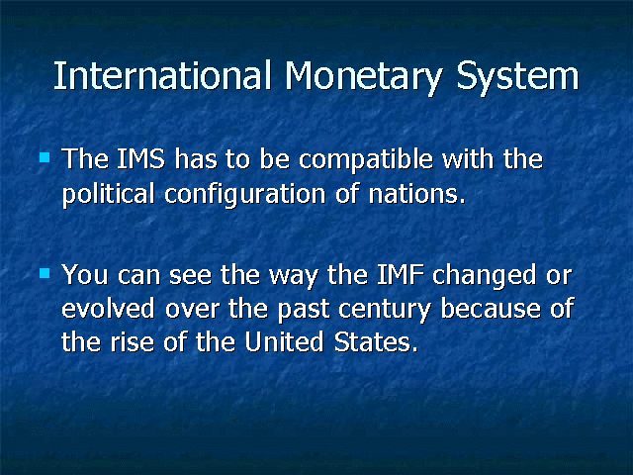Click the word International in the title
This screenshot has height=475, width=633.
[162, 75]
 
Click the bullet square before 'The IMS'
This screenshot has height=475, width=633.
[45, 157]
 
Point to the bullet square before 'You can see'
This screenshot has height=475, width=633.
[45, 273]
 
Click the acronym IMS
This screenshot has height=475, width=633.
[140, 158]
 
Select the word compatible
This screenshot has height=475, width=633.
[366, 160]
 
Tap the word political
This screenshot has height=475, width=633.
[108, 193]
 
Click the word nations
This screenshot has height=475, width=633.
[417, 194]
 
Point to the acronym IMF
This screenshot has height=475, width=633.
[401, 275]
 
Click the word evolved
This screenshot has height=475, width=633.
[108, 308]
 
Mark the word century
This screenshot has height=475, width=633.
[385, 311]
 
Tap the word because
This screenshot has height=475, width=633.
[491, 308]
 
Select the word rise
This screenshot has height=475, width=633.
[132, 342]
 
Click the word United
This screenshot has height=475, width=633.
[284, 341]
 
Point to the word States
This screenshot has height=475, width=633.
[376, 342]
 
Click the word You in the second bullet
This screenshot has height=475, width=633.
[85, 275]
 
